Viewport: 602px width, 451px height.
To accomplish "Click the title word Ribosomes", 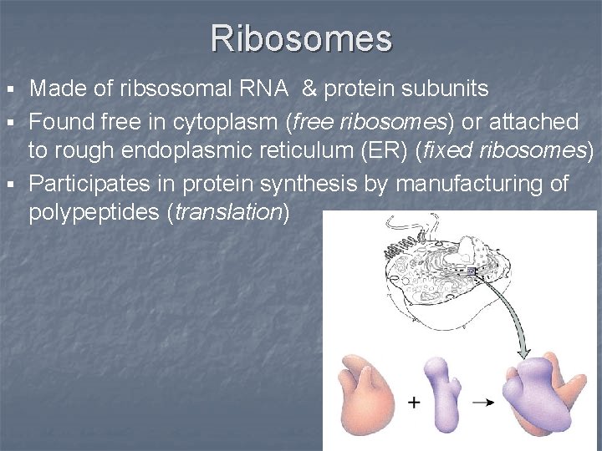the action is coord(301,38).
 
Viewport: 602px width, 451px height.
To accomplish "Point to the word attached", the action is coord(530,123).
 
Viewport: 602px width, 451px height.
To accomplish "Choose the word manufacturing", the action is coord(461,183).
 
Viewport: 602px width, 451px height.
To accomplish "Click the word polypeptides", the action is coord(94,212).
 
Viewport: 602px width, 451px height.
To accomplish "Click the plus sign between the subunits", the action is coord(414,402).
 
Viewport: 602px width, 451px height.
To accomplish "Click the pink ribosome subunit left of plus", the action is coord(366,393).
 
